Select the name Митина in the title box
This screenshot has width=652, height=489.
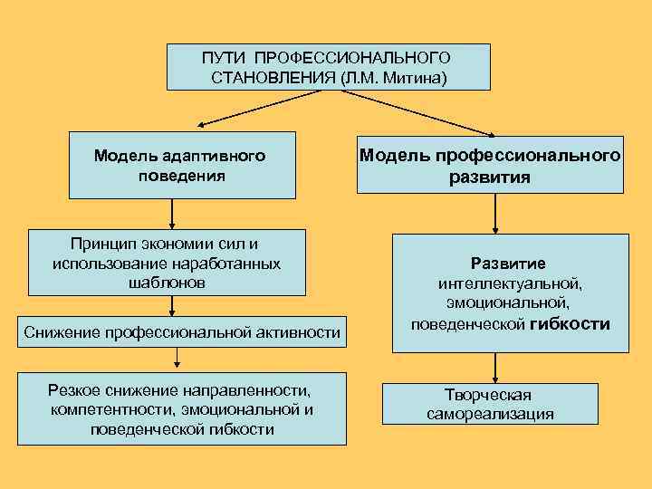(416, 78)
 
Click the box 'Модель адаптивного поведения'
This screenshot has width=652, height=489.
(182, 165)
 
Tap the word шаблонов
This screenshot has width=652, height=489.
(168, 283)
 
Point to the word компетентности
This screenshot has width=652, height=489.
(113, 409)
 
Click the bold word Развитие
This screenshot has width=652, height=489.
(507, 264)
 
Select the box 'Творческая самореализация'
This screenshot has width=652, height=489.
(490, 404)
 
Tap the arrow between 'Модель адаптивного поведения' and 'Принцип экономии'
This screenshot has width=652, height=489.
(172, 214)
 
